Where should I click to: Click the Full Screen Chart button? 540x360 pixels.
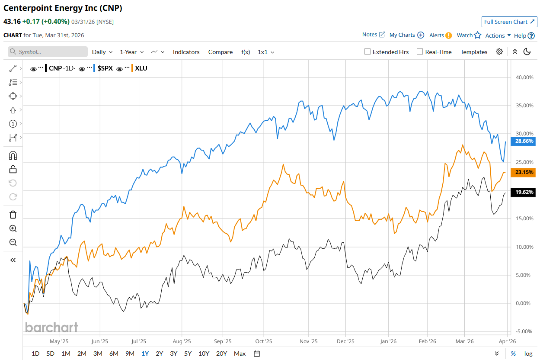click(509, 22)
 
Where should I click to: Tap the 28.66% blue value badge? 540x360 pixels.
click(524, 141)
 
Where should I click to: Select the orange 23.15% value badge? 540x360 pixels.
click(524, 173)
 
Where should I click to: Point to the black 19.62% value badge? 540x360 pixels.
click(524, 192)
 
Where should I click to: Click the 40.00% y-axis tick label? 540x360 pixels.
click(524, 77)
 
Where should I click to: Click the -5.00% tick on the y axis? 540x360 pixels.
click(524, 331)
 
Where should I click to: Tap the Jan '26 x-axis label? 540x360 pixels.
click(388, 341)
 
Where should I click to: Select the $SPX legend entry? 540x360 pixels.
click(105, 68)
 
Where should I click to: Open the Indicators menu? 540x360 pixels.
click(186, 52)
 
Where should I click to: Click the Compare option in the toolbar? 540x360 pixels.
click(220, 52)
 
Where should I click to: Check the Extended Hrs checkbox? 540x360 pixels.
click(367, 52)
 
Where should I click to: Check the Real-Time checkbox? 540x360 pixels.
click(420, 52)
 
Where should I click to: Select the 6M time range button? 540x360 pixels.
click(114, 354)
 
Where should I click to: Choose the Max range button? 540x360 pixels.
click(240, 354)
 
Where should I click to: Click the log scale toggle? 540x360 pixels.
click(528, 354)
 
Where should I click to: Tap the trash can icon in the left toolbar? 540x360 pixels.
click(13, 215)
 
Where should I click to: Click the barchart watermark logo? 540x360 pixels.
click(51, 327)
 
